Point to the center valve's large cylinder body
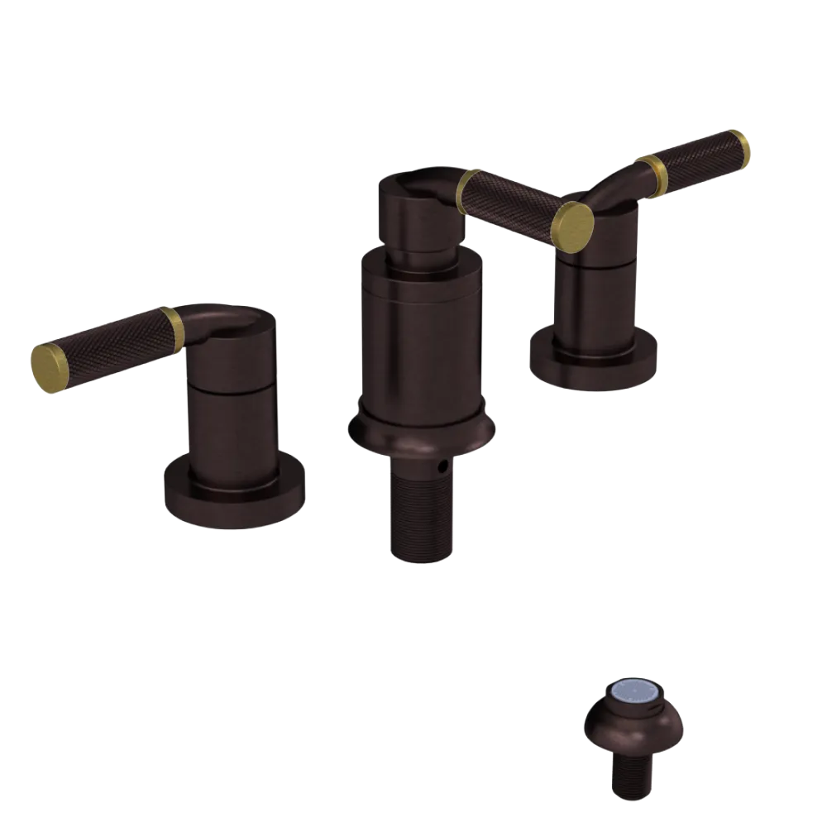click(421, 339)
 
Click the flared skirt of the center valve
click(422, 434)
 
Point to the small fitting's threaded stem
click(633, 773)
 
